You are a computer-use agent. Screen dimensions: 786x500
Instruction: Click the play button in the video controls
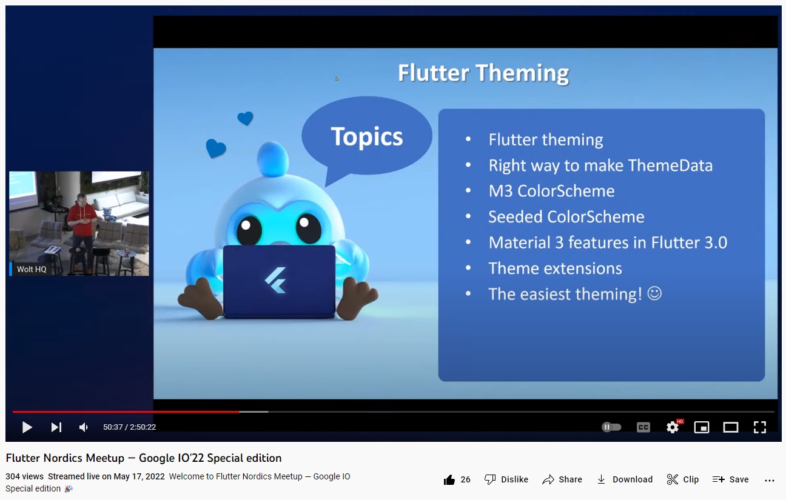[27, 427]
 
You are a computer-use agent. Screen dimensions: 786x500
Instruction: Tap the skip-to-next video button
[56, 427]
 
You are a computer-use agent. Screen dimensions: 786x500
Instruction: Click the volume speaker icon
[84, 427]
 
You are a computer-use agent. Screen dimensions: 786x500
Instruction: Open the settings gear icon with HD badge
[673, 427]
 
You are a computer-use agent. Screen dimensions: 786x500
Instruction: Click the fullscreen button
[760, 427]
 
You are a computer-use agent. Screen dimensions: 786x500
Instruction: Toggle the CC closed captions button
[643, 427]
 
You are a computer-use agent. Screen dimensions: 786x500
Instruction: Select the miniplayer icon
[702, 427]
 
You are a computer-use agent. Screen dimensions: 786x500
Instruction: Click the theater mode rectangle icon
[731, 427]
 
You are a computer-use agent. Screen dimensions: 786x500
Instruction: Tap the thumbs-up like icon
[449, 479]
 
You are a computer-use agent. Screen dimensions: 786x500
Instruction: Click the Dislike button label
[514, 479]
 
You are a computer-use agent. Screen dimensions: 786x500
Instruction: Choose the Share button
[562, 479]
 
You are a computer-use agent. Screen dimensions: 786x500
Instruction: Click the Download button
[625, 479]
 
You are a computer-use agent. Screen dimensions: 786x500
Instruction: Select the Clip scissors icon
[673, 479]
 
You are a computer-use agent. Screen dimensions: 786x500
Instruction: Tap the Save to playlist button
[731, 479]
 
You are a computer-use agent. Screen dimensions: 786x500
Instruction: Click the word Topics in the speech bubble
[367, 136]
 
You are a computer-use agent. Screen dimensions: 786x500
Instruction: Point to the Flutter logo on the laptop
[276, 280]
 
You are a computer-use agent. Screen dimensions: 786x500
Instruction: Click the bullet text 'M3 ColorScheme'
[551, 191]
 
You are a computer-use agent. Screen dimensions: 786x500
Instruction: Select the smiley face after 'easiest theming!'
[654, 293]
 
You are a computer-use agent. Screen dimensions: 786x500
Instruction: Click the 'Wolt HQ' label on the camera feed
[32, 269]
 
